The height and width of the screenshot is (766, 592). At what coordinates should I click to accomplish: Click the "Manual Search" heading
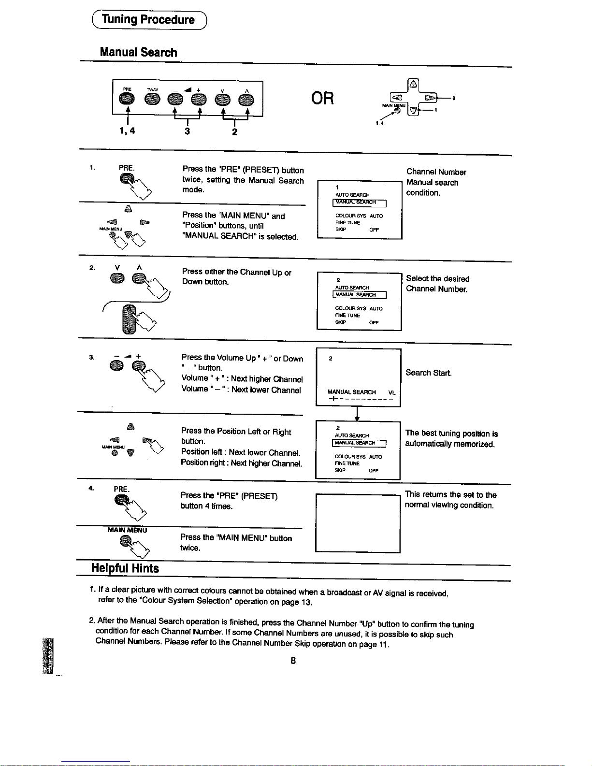138,52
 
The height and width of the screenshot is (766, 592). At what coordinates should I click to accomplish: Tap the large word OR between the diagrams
322,99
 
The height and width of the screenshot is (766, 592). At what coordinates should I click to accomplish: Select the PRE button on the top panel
127,99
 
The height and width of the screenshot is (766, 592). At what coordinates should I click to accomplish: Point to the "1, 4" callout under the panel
127,130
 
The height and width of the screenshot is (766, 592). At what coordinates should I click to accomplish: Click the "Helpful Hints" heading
125,568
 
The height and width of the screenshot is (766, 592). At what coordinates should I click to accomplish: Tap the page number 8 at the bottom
293,661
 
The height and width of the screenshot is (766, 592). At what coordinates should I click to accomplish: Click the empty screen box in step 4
358,523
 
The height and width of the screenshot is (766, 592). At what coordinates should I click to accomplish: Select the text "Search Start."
429,373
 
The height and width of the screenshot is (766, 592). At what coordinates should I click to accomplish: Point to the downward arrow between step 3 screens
357,414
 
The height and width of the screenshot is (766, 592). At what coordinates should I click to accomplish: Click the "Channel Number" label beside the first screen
436,172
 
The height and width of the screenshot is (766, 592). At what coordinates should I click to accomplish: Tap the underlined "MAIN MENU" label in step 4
127,530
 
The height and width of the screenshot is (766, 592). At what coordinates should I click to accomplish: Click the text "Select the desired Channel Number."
437,284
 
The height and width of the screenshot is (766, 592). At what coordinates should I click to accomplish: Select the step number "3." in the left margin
91,357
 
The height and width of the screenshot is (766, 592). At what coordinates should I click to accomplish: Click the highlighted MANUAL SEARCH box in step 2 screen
359,295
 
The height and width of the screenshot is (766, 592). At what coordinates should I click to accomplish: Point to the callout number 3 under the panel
187,131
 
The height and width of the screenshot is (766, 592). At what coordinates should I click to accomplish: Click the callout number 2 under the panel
234,131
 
